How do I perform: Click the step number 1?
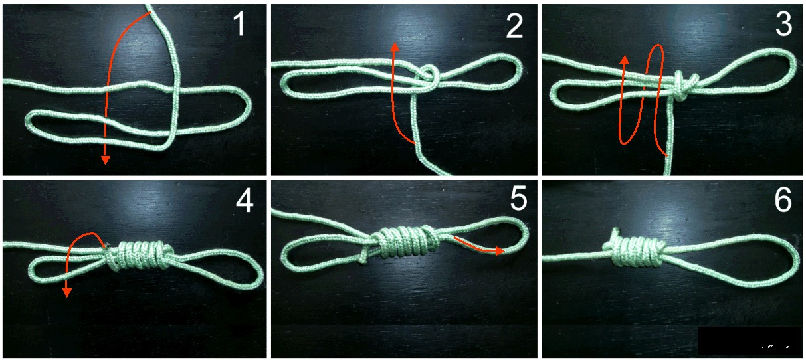pos(239,24)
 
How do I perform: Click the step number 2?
pos(514,25)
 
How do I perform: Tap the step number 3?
pos(783,24)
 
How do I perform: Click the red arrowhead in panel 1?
pos(105,160)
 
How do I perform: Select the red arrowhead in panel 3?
pos(625,60)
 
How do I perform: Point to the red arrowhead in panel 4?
pos(66,293)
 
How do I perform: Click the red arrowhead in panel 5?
pos(500,250)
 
